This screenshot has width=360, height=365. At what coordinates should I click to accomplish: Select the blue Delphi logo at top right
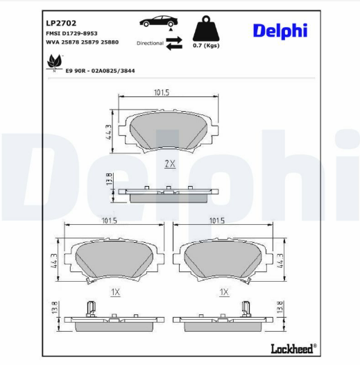click(x=280, y=31)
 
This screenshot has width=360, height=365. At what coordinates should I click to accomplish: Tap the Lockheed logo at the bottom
click(x=290, y=348)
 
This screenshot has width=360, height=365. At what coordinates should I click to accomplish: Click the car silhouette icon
click(x=157, y=22)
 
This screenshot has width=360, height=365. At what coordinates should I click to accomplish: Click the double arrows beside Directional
click(x=174, y=43)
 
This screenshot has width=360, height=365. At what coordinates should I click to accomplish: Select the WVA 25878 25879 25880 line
click(x=82, y=42)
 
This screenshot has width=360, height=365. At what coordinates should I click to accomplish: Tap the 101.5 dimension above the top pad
click(x=162, y=92)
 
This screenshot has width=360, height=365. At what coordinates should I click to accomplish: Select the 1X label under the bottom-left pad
click(x=115, y=293)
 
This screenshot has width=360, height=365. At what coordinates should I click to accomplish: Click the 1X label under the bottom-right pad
click(x=224, y=293)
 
